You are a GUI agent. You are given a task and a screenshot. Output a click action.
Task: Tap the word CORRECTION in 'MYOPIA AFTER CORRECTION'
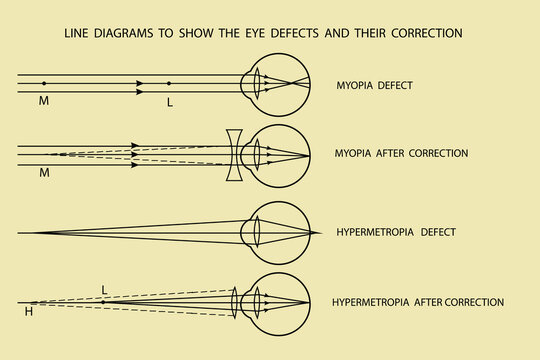(436, 153)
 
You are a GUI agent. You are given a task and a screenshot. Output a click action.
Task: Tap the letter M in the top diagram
(43, 102)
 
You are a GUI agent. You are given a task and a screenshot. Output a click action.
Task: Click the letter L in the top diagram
(170, 102)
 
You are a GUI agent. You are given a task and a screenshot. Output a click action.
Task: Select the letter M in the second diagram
(43, 173)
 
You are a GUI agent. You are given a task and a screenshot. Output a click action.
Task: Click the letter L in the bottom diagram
(104, 290)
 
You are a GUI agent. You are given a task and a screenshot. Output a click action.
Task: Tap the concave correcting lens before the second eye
(234, 154)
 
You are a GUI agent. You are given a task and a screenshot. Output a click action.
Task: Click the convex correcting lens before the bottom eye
(234, 301)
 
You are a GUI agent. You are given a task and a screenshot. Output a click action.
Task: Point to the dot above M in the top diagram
(43, 83)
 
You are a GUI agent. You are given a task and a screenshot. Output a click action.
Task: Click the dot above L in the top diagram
(169, 83)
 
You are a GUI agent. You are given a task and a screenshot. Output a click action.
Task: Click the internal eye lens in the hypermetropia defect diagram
(257, 232)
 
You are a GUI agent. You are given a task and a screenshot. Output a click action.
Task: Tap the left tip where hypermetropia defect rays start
(35, 232)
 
